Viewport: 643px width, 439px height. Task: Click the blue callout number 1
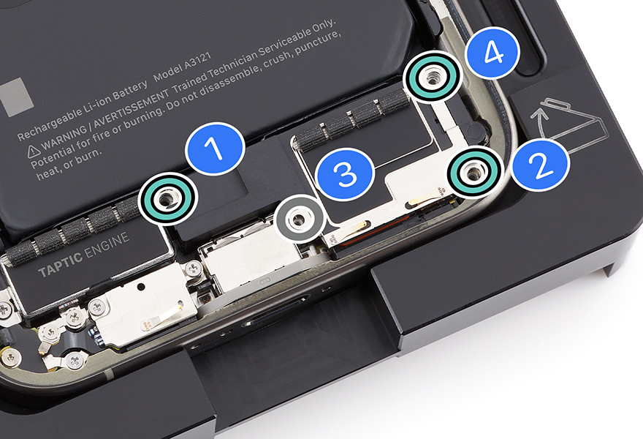[x=215, y=149]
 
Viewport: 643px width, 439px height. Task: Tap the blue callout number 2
[x=541, y=163]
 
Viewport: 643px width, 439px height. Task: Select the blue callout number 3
[x=346, y=174]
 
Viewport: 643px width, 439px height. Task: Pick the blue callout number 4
[x=492, y=53]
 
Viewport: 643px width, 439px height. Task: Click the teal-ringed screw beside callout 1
[x=167, y=199]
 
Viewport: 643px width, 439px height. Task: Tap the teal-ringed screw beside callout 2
[x=474, y=172]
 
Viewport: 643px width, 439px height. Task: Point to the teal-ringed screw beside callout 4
[x=431, y=77]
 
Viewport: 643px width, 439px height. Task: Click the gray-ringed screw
[x=299, y=219]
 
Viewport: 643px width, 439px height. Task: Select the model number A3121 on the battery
[x=197, y=61]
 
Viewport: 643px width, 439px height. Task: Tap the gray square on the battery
[x=15, y=97]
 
